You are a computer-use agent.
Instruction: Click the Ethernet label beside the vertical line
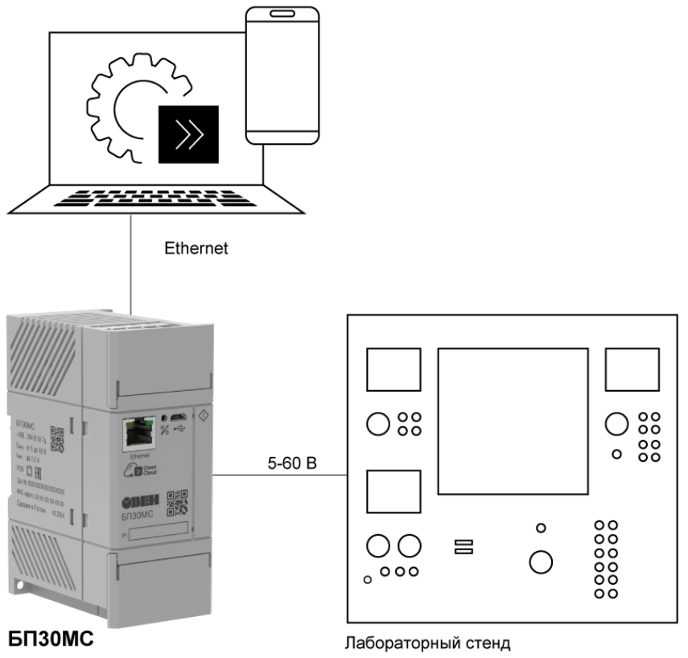coord(196,249)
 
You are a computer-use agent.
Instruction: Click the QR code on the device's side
coord(58,437)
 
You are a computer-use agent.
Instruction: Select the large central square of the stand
coord(509,421)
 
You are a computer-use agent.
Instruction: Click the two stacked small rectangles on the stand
coord(463,547)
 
